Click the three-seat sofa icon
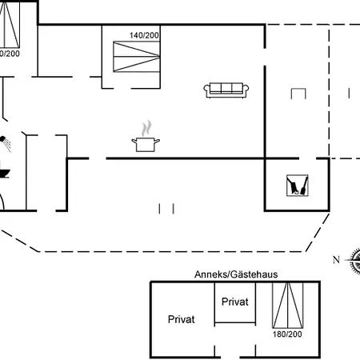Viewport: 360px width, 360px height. (x=229, y=90)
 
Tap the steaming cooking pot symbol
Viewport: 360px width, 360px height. (x=146, y=143)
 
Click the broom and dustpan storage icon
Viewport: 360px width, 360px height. (x=299, y=186)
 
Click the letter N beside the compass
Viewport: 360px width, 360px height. (x=336, y=258)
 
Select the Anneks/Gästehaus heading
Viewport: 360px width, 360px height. (x=236, y=274)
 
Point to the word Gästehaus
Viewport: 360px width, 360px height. (x=254, y=274)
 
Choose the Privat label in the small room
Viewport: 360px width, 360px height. (x=235, y=302)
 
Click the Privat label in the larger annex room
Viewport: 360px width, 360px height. (x=182, y=318)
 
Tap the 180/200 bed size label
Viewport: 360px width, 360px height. (x=288, y=334)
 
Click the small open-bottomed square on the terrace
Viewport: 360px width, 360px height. (x=298, y=94)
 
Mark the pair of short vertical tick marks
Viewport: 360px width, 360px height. (x=166, y=209)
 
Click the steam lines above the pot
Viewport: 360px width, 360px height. (x=146, y=129)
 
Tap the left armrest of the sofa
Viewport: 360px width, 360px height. (x=208, y=91)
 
